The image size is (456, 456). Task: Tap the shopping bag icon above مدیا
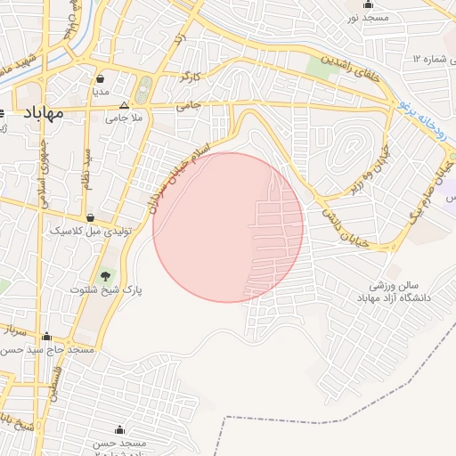100,78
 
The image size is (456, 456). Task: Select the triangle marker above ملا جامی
124,104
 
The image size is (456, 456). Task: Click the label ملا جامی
124,117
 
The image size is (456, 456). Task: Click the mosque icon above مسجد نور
368,4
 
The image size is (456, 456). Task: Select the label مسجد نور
367,18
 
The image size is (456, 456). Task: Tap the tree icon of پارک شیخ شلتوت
107,275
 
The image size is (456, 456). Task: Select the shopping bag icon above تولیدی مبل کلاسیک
90,217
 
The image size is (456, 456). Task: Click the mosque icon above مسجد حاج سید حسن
46,338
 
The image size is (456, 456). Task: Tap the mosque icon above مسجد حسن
119,430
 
